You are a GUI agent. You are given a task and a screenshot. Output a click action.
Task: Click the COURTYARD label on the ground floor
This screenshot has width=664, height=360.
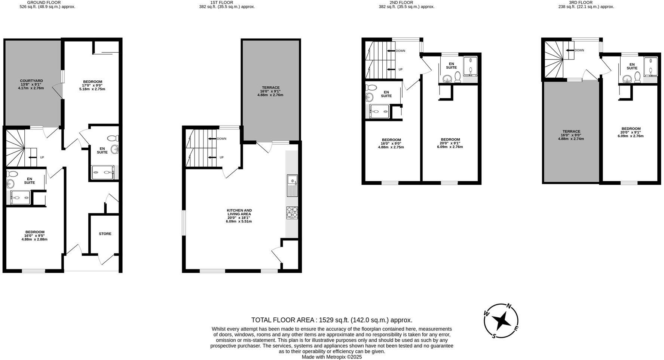(x=31, y=81)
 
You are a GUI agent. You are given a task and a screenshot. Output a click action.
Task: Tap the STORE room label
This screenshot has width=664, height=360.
(x=105, y=234)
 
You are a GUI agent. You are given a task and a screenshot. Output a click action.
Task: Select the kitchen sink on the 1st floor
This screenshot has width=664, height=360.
(x=292, y=185)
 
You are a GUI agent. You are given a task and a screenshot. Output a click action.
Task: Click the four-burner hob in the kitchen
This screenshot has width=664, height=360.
(x=292, y=213)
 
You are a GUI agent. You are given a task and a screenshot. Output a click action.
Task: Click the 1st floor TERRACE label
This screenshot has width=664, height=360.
(x=270, y=88)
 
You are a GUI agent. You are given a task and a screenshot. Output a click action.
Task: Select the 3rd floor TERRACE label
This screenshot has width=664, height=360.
(x=571, y=132)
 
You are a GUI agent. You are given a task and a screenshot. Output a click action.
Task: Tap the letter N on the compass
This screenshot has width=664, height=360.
(x=509, y=306)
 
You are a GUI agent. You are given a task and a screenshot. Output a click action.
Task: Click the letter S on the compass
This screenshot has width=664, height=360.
(x=494, y=336)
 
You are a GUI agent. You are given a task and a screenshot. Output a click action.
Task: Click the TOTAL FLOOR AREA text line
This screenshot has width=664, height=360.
(x=331, y=320)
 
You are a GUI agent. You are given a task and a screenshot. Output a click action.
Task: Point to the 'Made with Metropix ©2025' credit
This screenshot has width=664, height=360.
(x=331, y=357)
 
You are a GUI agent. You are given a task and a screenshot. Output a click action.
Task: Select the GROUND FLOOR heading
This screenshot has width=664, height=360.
(x=47, y=2)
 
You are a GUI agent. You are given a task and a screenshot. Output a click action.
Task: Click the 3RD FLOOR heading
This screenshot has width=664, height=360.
(x=586, y=2)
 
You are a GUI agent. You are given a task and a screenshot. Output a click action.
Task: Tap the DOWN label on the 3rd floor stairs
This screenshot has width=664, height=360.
(x=579, y=50)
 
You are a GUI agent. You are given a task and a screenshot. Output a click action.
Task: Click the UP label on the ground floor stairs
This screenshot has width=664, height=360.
(x=42, y=157)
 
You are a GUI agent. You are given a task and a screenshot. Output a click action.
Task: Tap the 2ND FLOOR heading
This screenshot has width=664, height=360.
(x=406, y=2)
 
